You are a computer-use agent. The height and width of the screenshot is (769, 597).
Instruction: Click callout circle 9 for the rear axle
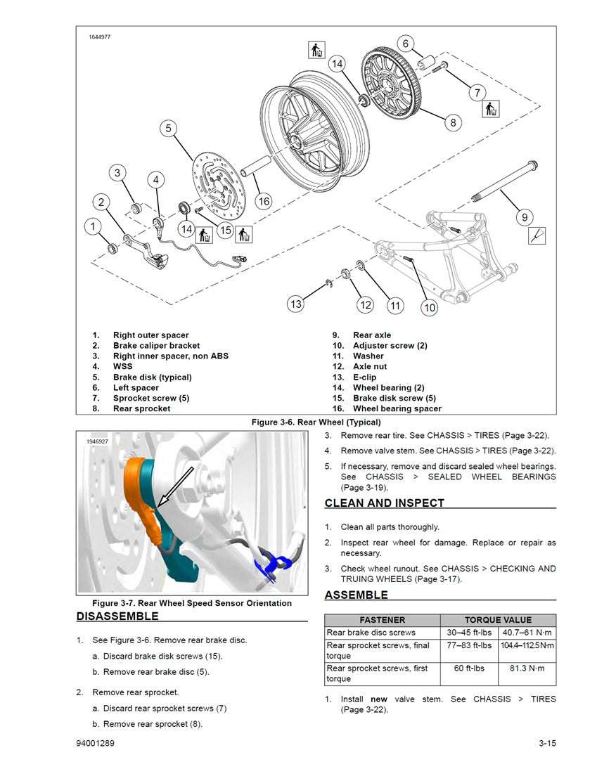coord(525,217)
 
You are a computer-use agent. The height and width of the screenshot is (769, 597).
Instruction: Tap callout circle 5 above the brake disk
coord(168,128)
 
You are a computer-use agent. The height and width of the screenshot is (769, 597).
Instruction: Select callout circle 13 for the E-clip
coord(296,304)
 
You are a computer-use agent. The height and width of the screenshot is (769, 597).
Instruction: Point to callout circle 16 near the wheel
coord(263,202)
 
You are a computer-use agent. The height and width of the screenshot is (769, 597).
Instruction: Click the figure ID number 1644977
coord(100,37)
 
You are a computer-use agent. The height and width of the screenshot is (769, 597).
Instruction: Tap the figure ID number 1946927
coord(97,441)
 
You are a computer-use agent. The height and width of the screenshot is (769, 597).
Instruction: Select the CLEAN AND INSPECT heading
coord(384,503)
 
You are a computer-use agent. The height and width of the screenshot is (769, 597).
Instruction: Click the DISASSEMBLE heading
coord(117,616)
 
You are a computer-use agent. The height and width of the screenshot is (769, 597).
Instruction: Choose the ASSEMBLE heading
coord(356,595)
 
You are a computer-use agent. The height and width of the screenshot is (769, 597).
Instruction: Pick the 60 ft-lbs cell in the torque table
coord(469,668)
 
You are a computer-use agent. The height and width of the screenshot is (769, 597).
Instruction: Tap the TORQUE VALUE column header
coord(498,620)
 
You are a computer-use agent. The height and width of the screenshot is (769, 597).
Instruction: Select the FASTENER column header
coord(382,620)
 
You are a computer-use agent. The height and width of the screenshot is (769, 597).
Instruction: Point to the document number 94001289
coord(97,744)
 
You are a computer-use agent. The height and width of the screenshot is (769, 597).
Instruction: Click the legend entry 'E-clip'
coord(364,377)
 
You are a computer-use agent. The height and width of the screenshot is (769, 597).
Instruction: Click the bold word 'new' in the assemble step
coord(379,699)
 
